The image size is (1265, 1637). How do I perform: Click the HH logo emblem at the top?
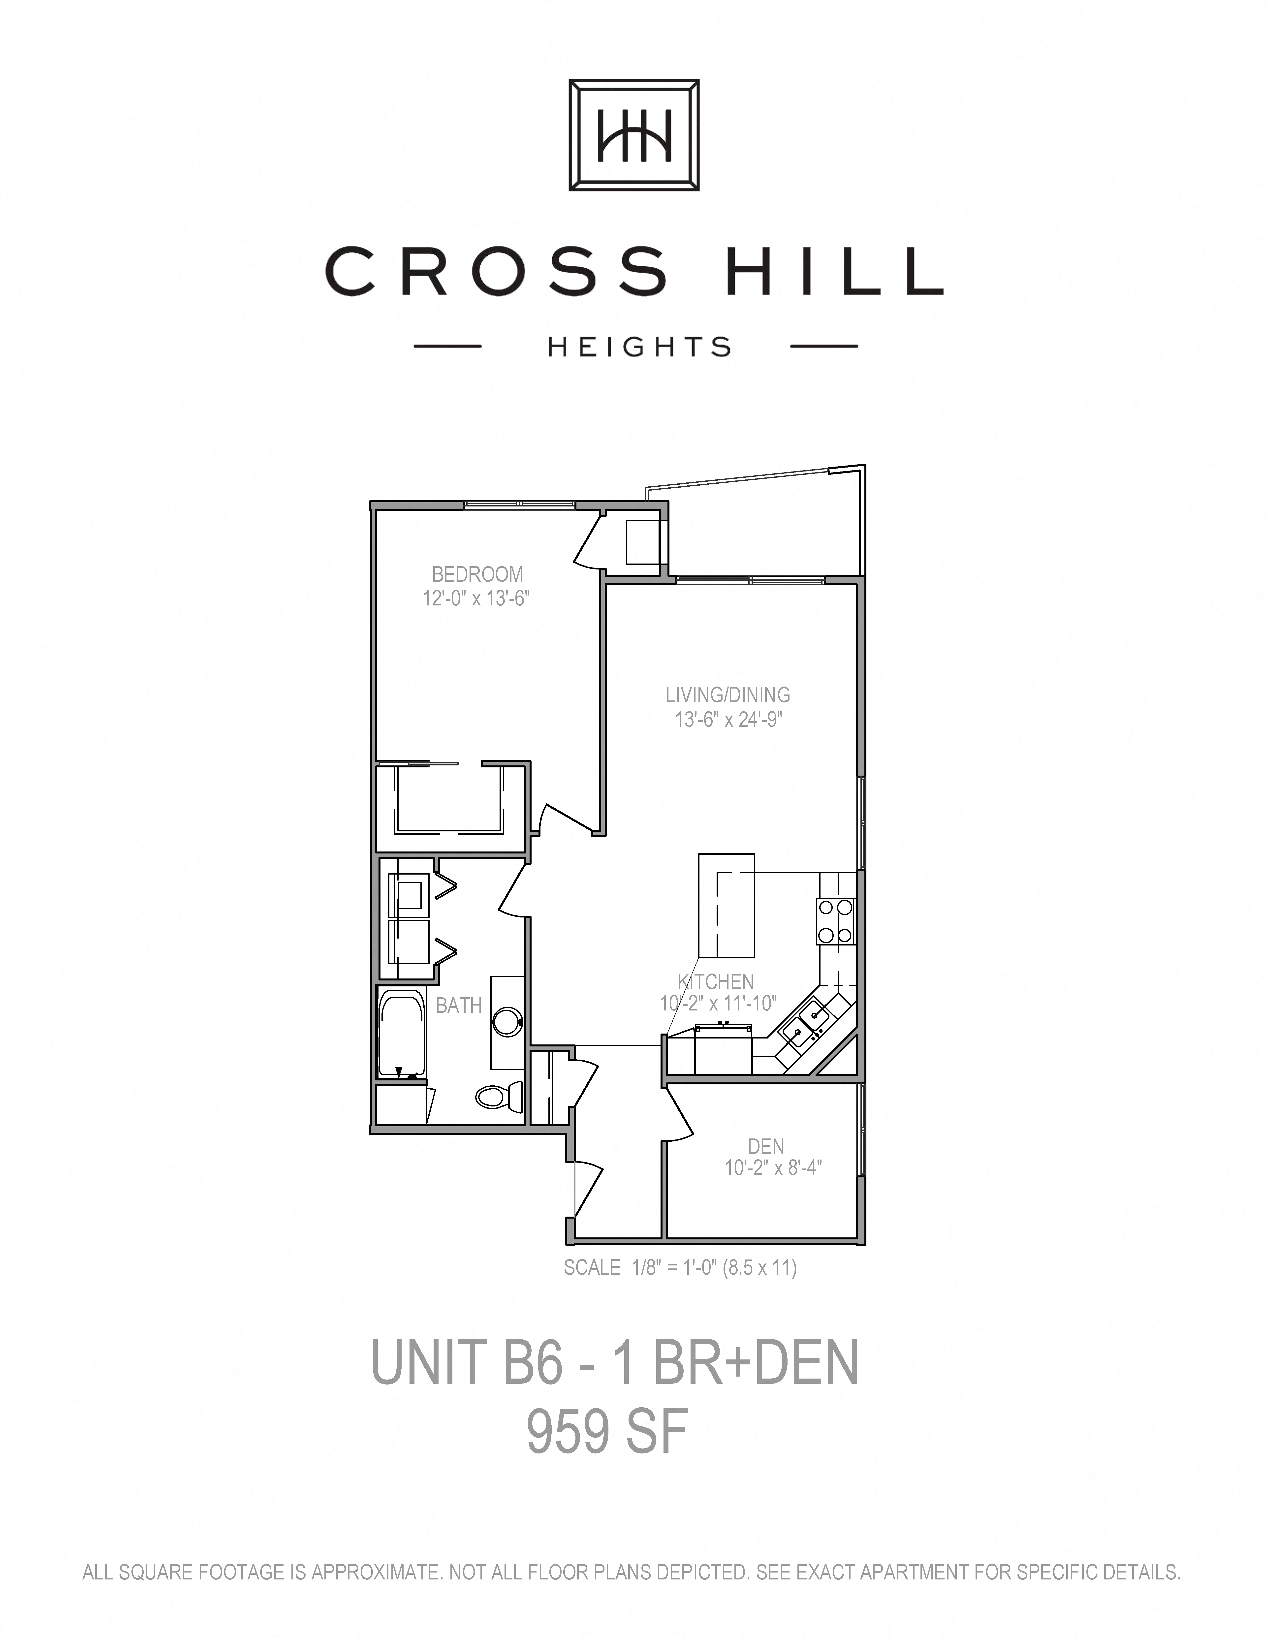[x=634, y=135]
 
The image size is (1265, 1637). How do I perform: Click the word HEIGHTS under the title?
[x=639, y=347]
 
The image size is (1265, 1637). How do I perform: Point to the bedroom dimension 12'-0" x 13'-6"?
[x=477, y=598]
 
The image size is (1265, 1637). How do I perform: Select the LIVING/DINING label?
[x=728, y=695]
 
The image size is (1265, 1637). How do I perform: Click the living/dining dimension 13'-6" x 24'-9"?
[x=728, y=720]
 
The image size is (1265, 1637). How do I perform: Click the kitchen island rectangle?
[x=726, y=906]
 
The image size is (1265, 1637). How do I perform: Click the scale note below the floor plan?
[x=680, y=1267]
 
